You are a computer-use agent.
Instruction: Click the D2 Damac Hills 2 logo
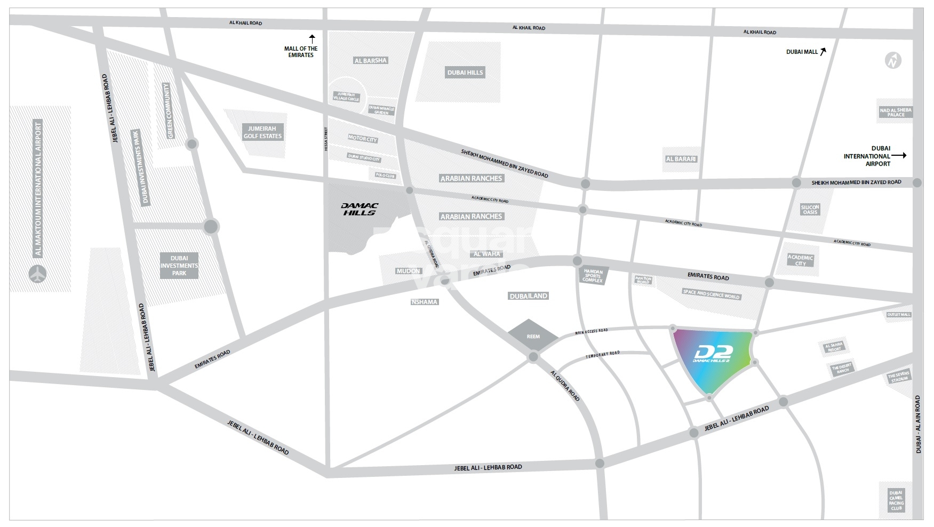[x=713, y=354]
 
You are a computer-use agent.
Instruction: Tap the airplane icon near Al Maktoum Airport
[x=38, y=274]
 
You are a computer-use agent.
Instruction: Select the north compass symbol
[x=893, y=61]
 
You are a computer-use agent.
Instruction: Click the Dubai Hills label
[x=465, y=73]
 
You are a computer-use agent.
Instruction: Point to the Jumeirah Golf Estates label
[x=262, y=132]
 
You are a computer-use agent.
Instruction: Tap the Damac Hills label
[x=359, y=209]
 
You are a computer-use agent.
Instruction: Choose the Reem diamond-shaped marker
[x=533, y=336]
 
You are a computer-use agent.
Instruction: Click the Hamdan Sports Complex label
[x=592, y=276]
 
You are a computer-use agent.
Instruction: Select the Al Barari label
[x=681, y=159]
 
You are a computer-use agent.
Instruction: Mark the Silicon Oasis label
[x=810, y=210]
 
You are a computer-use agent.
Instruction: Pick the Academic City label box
[x=800, y=260]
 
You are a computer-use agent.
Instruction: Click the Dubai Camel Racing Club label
[x=896, y=500]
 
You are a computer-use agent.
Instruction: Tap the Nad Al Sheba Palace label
[x=896, y=112]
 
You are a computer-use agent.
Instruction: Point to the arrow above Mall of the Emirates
[x=312, y=38]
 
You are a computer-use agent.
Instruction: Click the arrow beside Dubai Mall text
[x=823, y=52]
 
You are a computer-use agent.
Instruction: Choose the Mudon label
[x=408, y=271]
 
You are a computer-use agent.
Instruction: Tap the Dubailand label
[x=528, y=296]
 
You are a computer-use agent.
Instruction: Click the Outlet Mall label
[x=899, y=315]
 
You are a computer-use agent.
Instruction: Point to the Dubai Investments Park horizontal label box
[x=179, y=266]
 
